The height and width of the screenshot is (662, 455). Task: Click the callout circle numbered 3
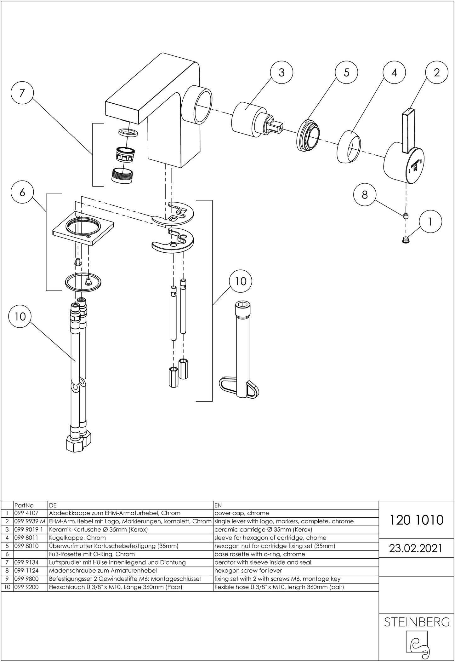pos(282,73)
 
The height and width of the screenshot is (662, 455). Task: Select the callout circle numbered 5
pos(346,73)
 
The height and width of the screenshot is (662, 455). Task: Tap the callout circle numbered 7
pos(22,93)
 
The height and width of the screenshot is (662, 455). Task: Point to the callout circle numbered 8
pos(365,195)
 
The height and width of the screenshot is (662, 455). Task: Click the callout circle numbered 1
pos(430,222)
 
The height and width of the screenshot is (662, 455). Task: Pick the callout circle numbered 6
pos(22,192)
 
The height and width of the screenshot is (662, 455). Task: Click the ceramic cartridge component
pos(249,119)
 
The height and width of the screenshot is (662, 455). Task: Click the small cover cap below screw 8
pos(406,240)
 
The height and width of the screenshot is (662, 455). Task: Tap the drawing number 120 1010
pos(417,520)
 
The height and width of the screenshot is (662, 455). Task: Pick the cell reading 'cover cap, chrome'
pos(242,513)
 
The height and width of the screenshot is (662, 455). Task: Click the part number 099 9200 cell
pos(26,587)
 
